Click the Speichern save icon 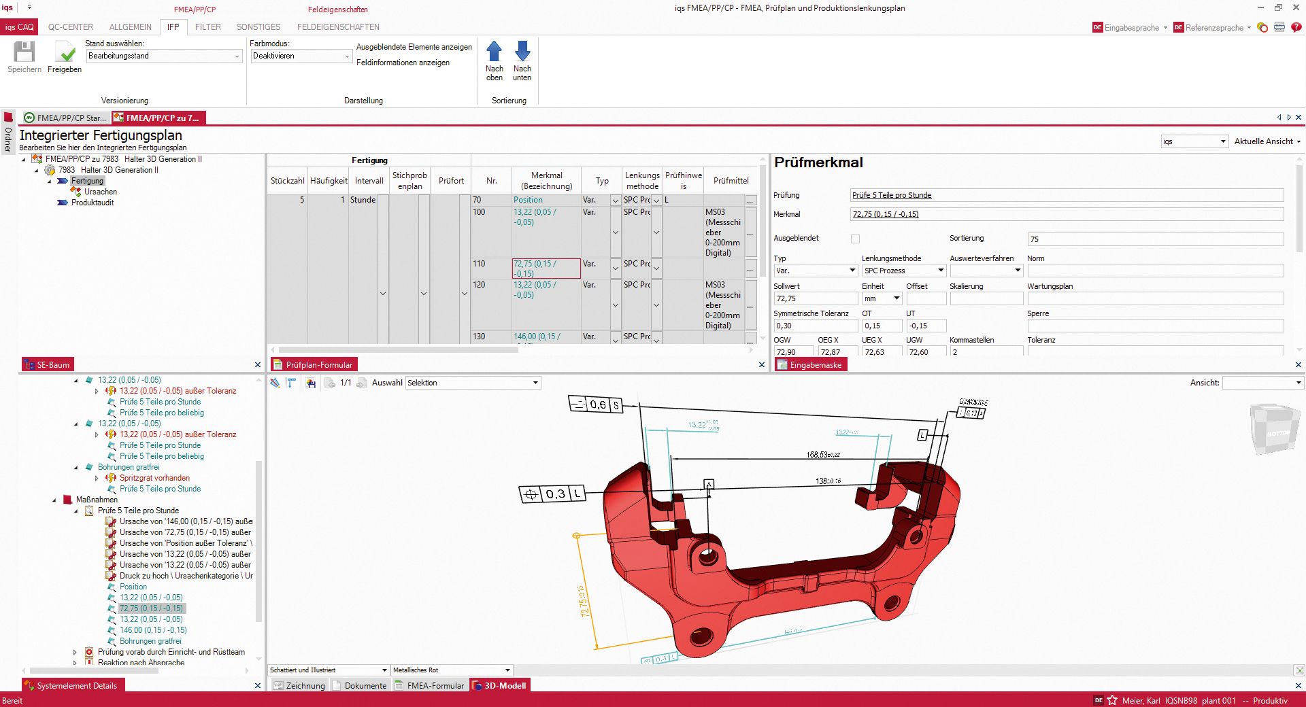pyautogui.click(x=24, y=52)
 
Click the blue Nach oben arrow pyautogui.click(x=495, y=52)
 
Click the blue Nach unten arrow pyautogui.click(x=522, y=52)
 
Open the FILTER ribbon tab pyautogui.click(x=207, y=27)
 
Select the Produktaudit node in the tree pyautogui.click(x=93, y=203)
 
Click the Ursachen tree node pyautogui.click(x=101, y=192)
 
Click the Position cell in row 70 pyautogui.click(x=529, y=200)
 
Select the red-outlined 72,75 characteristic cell pyautogui.click(x=546, y=269)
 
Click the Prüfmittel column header pyautogui.click(x=731, y=181)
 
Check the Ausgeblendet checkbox pyautogui.click(x=855, y=239)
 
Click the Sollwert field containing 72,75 pyautogui.click(x=815, y=298)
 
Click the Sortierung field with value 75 pyautogui.click(x=1155, y=239)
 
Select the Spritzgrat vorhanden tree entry pyautogui.click(x=154, y=478)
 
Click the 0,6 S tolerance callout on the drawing pyautogui.click(x=596, y=404)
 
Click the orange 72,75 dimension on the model pyautogui.click(x=584, y=601)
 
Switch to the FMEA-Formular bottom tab pyautogui.click(x=435, y=685)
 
